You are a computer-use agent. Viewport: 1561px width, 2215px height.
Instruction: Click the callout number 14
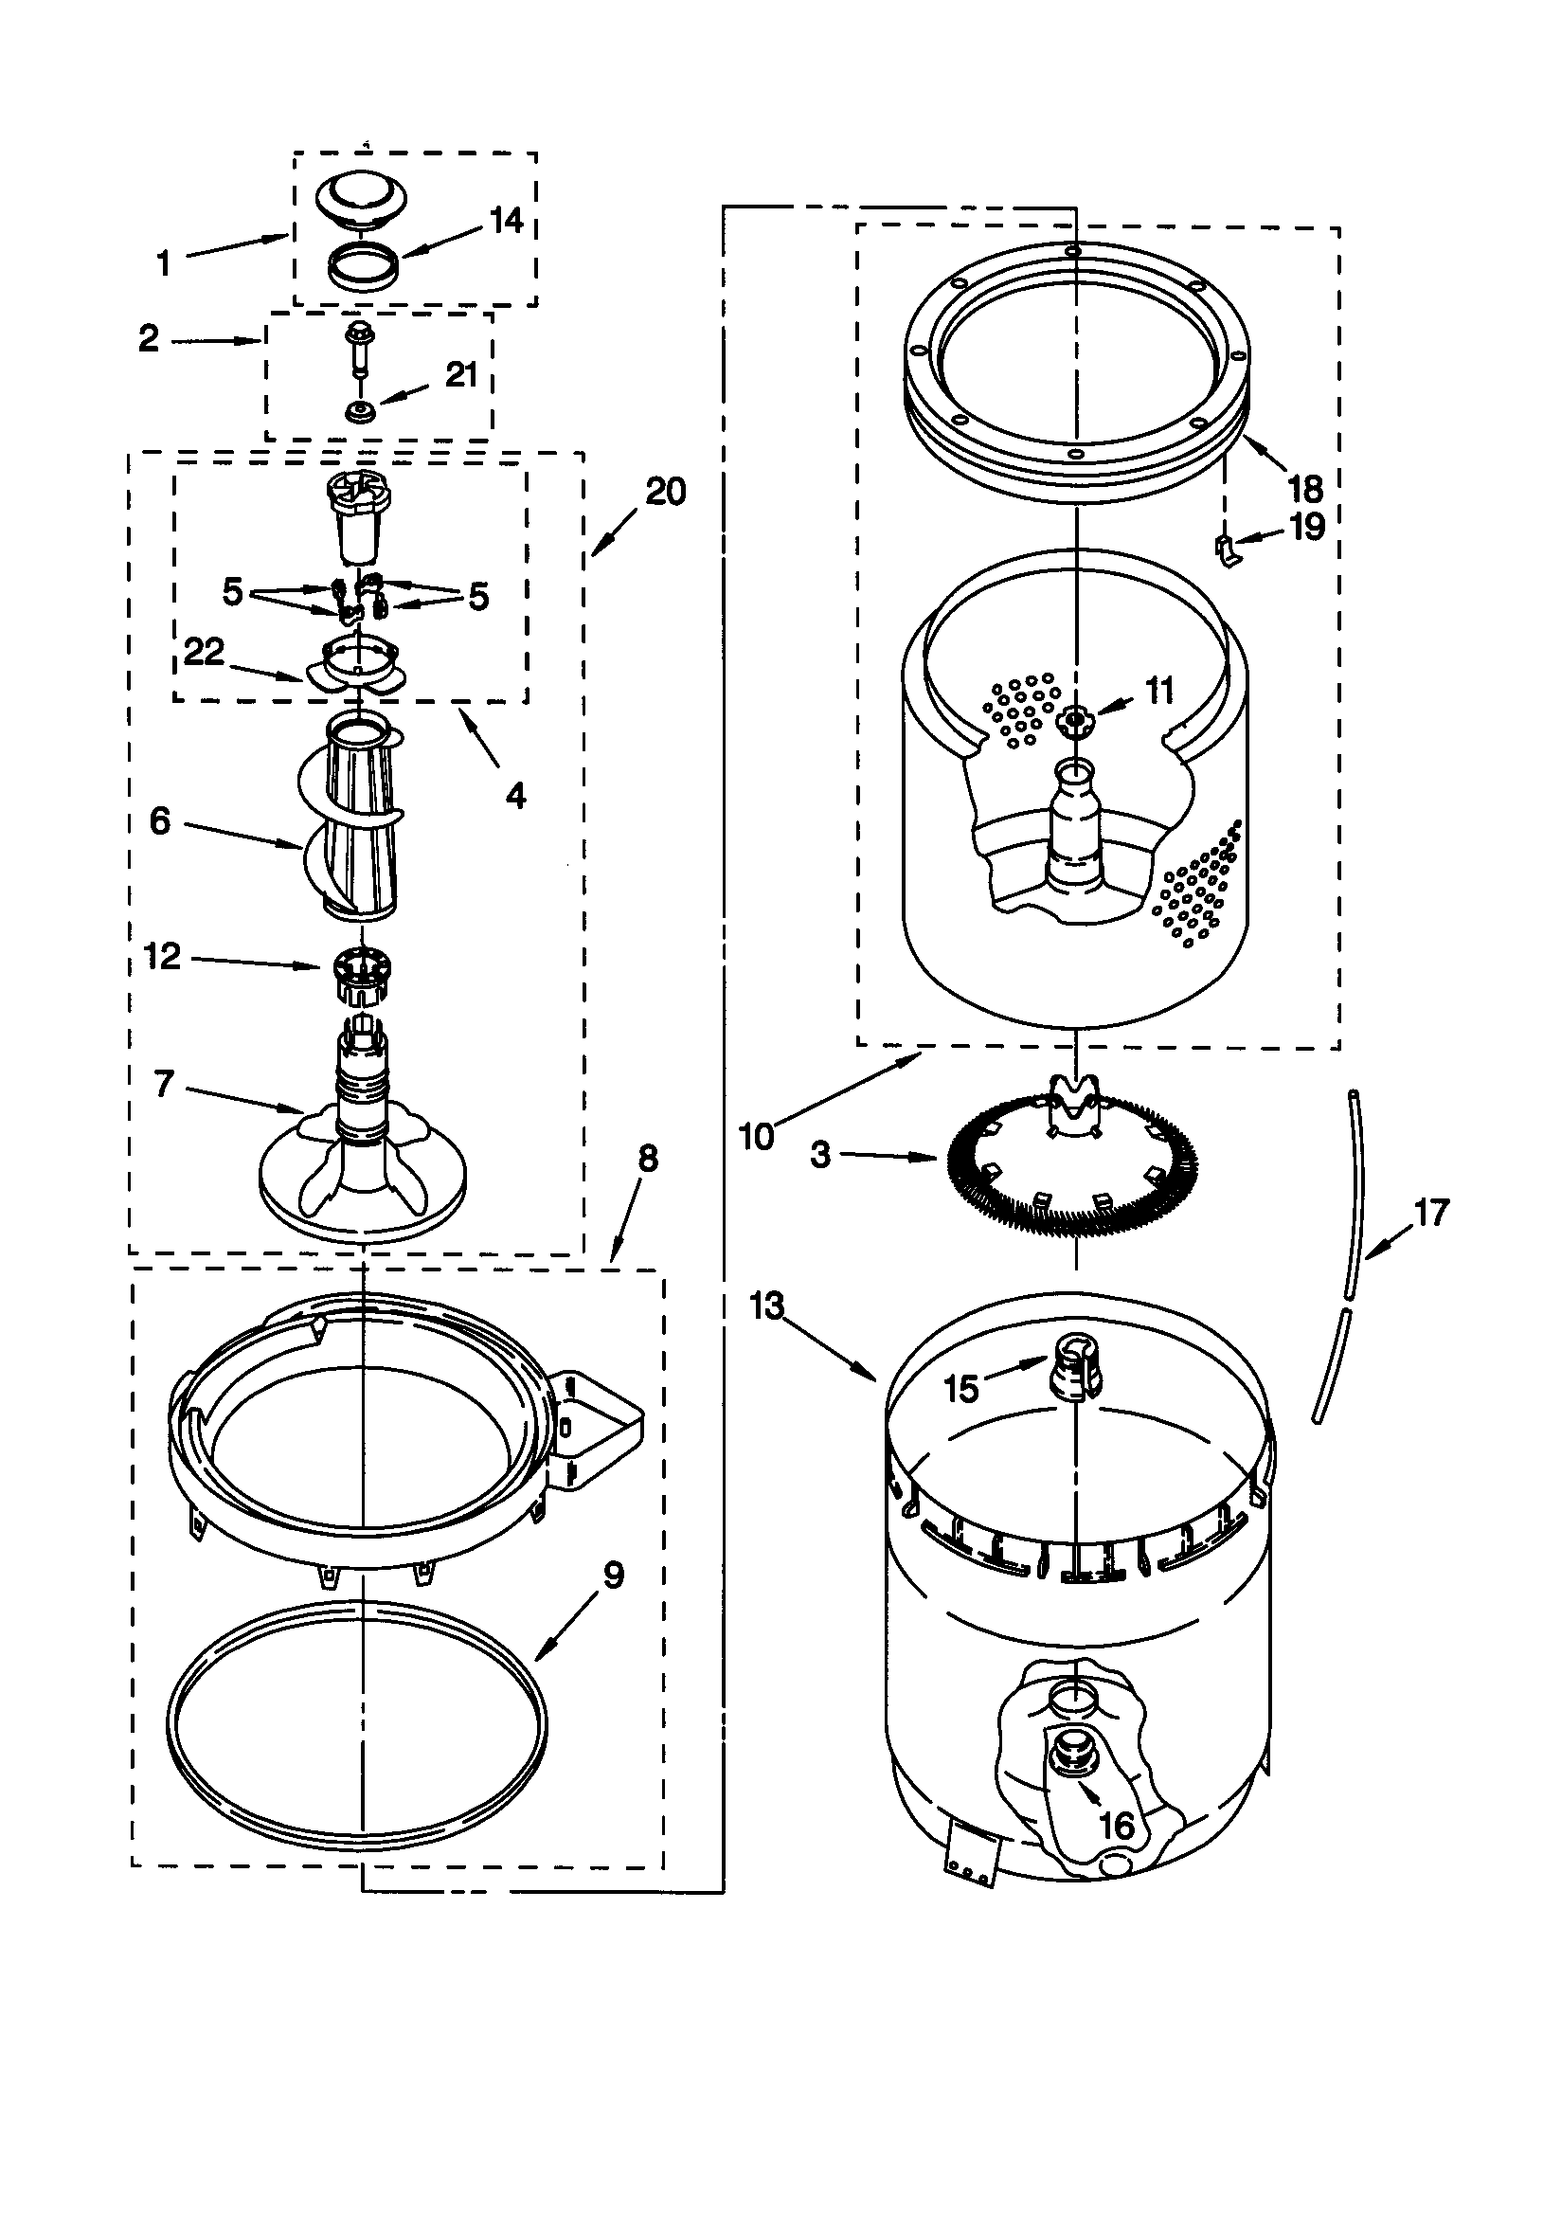coord(506,221)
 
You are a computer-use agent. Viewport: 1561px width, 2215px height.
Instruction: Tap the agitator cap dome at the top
coord(362,197)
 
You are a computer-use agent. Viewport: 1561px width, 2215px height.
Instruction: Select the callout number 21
coord(461,374)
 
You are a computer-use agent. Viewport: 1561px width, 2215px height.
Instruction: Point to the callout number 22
coord(204,652)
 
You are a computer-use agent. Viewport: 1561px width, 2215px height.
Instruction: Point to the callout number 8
coord(648,1159)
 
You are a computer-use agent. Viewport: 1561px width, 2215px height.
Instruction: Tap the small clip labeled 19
coord(1225,550)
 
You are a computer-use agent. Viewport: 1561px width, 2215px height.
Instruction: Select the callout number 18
coord(1305,489)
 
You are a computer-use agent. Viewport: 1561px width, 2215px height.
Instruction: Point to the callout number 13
coord(768,1307)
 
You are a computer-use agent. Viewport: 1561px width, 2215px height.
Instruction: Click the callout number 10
coord(757,1137)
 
